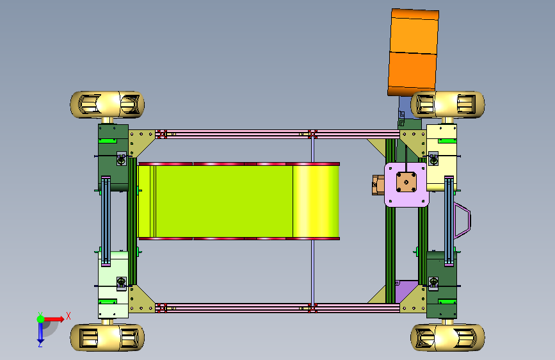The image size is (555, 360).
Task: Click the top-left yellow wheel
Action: (x=108, y=104)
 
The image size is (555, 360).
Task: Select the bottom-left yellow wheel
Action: (x=108, y=338)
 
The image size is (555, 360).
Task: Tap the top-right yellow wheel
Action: (x=447, y=104)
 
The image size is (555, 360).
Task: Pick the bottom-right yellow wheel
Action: (x=447, y=338)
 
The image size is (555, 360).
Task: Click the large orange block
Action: (x=413, y=53)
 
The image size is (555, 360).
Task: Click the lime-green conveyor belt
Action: (x=239, y=201)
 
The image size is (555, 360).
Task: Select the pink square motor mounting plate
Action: (x=406, y=184)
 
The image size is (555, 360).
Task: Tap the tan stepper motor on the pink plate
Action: (x=406, y=182)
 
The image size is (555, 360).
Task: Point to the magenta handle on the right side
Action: (x=463, y=220)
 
